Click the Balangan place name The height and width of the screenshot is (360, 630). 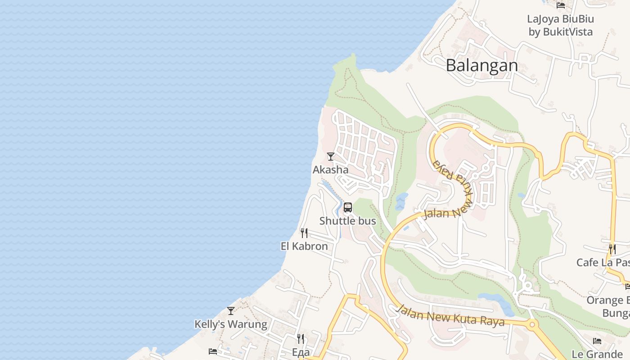pos(482,66)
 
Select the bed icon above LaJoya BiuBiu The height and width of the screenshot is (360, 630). pos(561,5)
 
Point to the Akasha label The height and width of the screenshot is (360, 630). pos(330,170)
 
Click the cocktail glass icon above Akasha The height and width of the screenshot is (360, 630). pos(331,156)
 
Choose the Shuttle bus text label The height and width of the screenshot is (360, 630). pos(347,221)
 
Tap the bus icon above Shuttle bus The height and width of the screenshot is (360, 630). pos(348,207)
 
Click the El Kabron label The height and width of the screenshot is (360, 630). pos(304,247)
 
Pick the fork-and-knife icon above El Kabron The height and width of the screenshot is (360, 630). pos(304,233)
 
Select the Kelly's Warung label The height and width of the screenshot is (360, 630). pos(230,324)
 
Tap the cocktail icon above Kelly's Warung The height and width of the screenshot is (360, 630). pos(231,310)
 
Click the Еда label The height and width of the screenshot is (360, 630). pos(301,352)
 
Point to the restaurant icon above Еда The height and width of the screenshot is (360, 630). pos(301,338)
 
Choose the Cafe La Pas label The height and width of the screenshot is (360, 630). pos(603,262)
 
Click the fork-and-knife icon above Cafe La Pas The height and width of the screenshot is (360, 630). pos(612,249)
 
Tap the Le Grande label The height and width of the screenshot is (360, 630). pos(597,354)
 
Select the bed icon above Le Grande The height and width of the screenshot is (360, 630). pos(597,341)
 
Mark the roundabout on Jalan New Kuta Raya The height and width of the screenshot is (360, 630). pos(533,324)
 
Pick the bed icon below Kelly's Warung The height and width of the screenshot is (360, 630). pos(213,351)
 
